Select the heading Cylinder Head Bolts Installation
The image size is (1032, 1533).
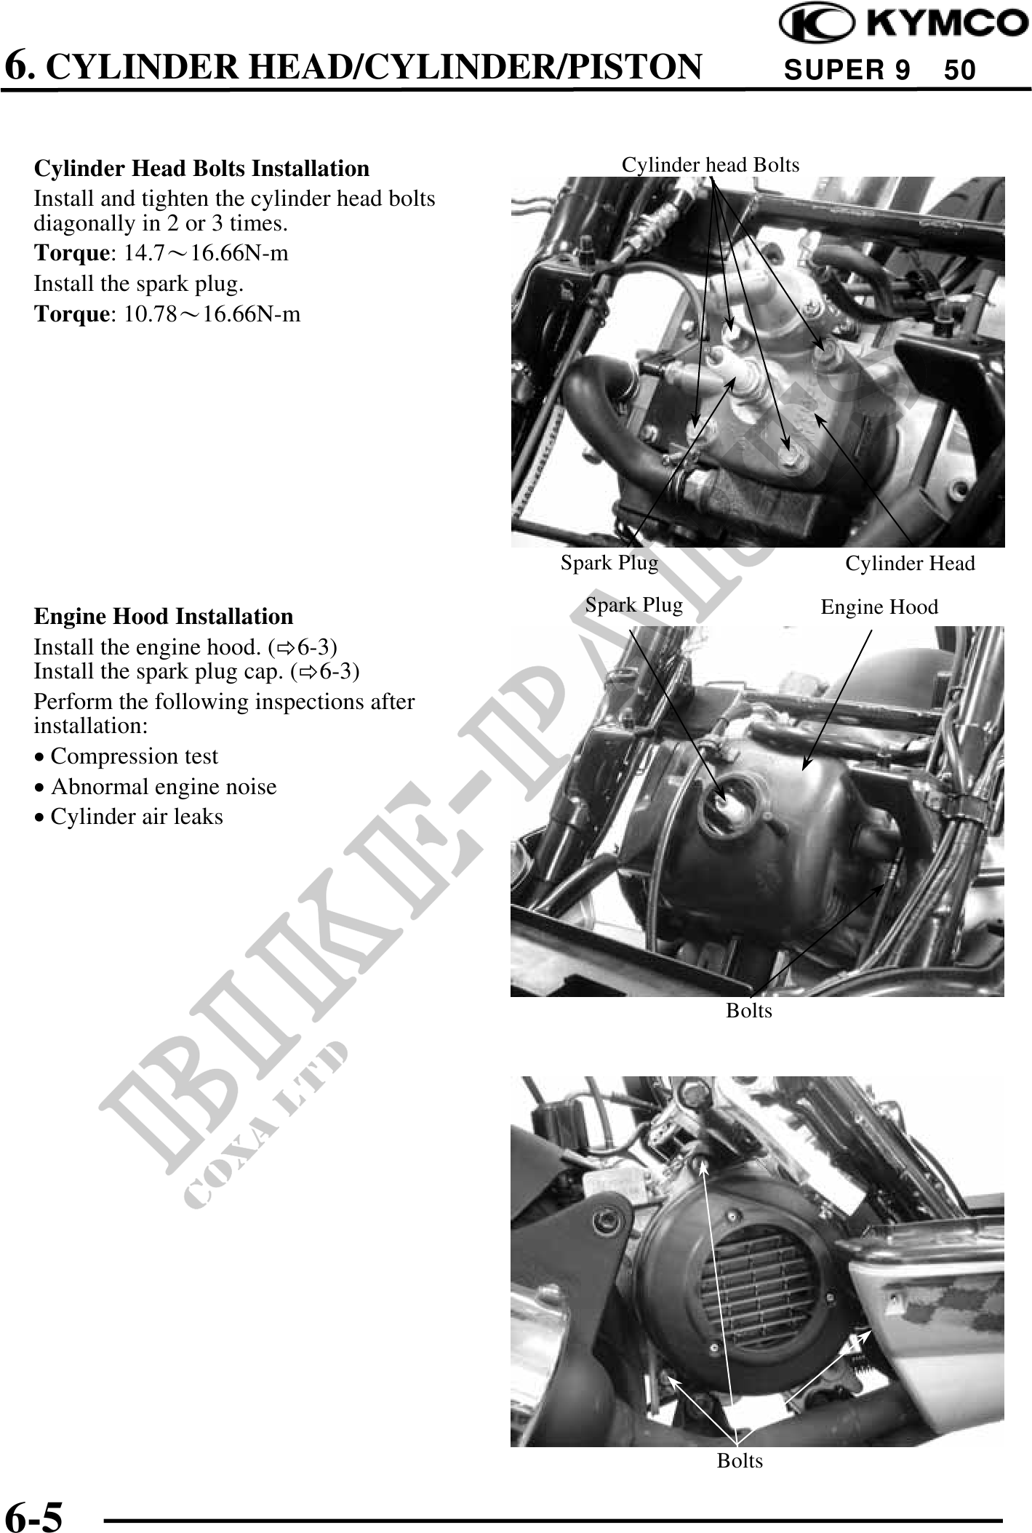click(x=202, y=168)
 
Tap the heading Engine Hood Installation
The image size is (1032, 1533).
click(x=164, y=616)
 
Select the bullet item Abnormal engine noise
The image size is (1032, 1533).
click(x=156, y=787)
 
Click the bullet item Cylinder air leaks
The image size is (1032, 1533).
click(x=129, y=817)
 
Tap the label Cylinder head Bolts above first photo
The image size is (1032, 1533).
click(x=711, y=165)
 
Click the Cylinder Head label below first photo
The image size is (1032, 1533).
click(x=910, y=564)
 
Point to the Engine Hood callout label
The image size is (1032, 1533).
click(x=879, y=607)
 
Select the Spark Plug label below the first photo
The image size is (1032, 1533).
click(x=609, y=563)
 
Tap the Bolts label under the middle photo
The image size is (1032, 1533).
click(x=749, y=1010)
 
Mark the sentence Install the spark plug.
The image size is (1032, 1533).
click(x=139, y=284)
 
